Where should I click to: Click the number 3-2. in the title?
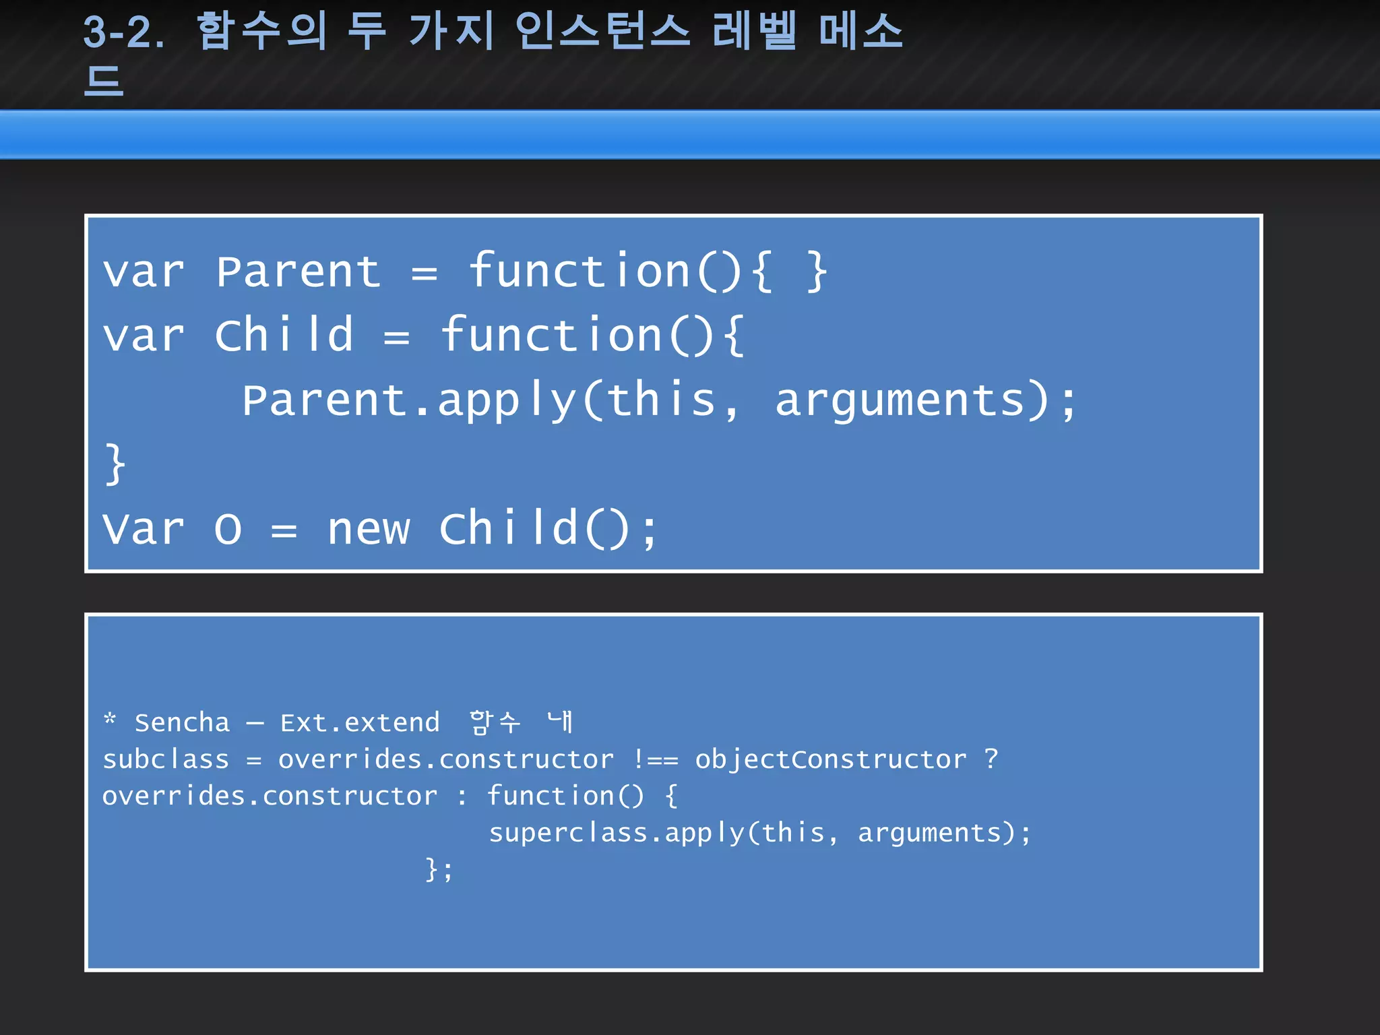pos(123,32)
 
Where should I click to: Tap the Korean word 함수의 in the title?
pos(262,31)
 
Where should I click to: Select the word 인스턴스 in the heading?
pos(602,31)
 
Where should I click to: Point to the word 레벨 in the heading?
pos(755,31)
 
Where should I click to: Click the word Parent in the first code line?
pos(299,272)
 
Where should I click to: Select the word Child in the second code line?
pos(284,335)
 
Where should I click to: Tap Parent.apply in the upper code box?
pos(408,400)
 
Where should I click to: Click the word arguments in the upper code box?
pos(900,400)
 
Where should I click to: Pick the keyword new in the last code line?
pos(369,529)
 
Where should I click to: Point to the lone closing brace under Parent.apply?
pos(115,464)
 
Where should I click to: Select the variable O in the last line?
pos(228,530)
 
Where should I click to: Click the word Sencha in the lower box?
pos(182,723)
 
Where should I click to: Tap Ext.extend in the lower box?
pos(360,723)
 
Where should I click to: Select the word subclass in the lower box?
pos(166,760)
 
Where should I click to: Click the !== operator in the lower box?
pos(655,760)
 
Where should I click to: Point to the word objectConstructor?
pos(831,760)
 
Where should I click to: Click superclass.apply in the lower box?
pos(616,834)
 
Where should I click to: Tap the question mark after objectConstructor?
pos(991,759)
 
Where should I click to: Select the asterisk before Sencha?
pos(110,720)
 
